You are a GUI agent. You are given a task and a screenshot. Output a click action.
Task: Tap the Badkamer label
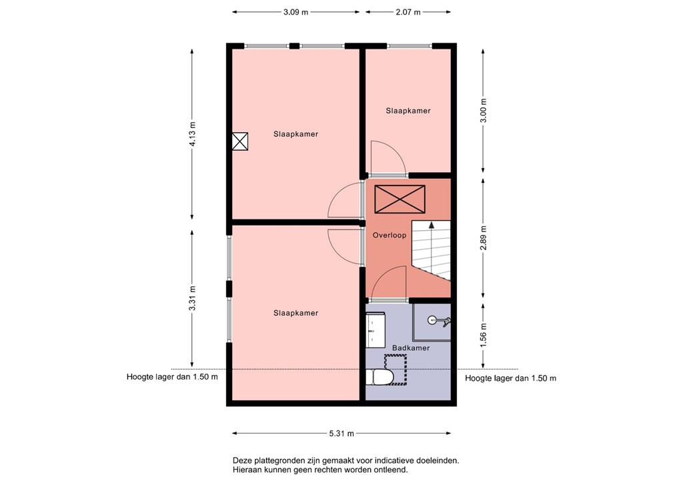coord(410,348)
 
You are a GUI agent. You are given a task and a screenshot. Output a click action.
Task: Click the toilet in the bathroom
coord(382,378)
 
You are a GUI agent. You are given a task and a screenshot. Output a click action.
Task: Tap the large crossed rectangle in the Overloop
coord(400,199)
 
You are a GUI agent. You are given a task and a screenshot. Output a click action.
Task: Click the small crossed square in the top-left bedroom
coord(240,141)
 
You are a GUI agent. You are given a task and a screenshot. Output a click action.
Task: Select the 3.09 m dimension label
coord(295,12)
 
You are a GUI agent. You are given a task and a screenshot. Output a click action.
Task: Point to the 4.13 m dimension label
coord(192,134)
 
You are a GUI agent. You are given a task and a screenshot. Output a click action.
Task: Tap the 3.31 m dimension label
coord(192,298)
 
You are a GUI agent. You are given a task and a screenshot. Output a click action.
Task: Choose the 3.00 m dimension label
coord(484,110)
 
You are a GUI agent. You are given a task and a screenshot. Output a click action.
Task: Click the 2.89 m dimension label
coord(484,238)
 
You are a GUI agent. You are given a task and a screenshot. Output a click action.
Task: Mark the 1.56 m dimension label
coord(484,333)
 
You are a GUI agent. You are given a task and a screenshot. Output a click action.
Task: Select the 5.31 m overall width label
coord(341,434)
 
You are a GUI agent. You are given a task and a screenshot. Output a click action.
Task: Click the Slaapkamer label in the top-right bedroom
coord(408,111)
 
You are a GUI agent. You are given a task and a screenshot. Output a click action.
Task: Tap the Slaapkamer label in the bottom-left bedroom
coord(295,313)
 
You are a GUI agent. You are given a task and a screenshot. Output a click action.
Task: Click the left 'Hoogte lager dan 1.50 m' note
coord(172,377)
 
